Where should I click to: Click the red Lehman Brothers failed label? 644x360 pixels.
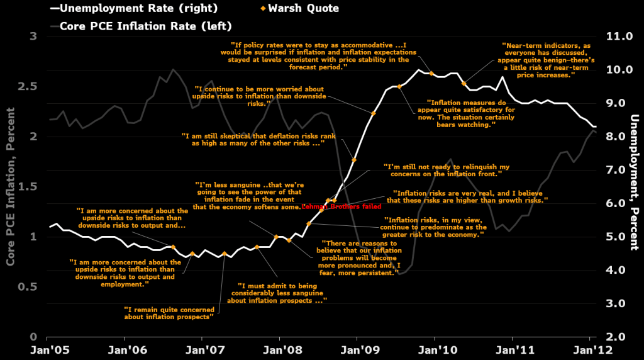point(341,206)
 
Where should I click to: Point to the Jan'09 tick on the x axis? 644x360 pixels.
point(357,348)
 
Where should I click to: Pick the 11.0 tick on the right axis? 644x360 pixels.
point(618,37)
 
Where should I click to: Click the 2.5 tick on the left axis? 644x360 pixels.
point(30,86)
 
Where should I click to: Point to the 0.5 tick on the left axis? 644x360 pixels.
point(30,287)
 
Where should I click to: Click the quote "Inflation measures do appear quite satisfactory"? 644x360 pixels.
point(470,113)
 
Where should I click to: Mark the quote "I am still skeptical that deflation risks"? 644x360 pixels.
point(252,139)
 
